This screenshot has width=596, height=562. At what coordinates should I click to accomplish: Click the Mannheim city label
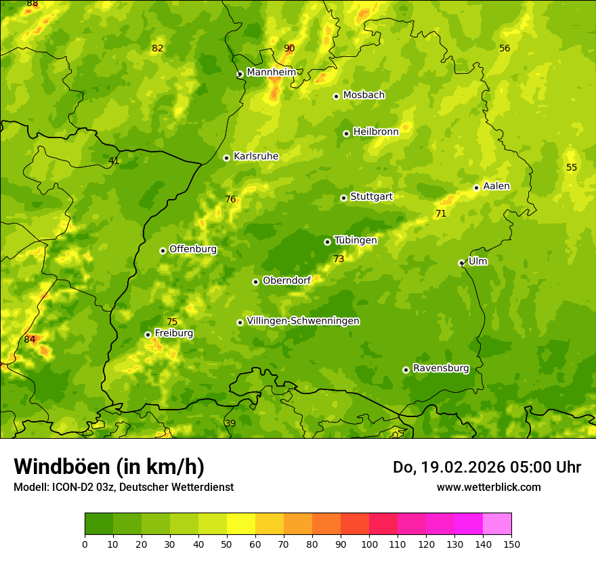click(x=271, y=72)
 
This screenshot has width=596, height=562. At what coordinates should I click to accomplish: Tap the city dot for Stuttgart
click(x=343, y=198)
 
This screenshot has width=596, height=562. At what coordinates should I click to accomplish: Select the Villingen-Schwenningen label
click(x=303, y=321)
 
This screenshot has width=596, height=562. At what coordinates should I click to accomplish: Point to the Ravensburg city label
click(x=441, y=368)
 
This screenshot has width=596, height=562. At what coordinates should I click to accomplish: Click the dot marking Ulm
click(x=461, y=263)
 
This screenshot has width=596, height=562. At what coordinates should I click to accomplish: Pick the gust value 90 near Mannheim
click(x=289, y=48)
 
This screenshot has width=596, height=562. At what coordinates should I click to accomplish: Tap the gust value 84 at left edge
click(x=29, y=339)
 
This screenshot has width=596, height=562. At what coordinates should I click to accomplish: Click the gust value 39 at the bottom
click(x=230, y=423)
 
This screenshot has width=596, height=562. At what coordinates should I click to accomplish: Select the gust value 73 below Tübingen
click(x=339, y=259)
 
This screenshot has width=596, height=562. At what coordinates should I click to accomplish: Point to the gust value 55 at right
click(x=572, y=167)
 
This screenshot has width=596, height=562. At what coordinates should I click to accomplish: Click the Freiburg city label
click(x=174, y=333)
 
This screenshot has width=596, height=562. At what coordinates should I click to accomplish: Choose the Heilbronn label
click(x=376, y=132)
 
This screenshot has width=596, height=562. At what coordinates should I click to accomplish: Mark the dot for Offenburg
click(x=163, y=251)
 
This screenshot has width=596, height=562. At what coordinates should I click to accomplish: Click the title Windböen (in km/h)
click(x=109, y=467)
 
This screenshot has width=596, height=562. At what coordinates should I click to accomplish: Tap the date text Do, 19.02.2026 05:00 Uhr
click(x=487, y=467)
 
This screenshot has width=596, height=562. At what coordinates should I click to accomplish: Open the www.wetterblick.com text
click(x=488, y=487)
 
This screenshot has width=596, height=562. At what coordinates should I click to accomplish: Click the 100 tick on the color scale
click(x=369, y=544)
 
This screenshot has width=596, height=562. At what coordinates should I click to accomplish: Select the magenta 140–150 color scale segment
click(x=497, y=524)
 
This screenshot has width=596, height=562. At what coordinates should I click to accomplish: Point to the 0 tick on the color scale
click(x=85, y=544)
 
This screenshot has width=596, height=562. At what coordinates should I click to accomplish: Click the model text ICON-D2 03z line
click(x=123, y=487)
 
